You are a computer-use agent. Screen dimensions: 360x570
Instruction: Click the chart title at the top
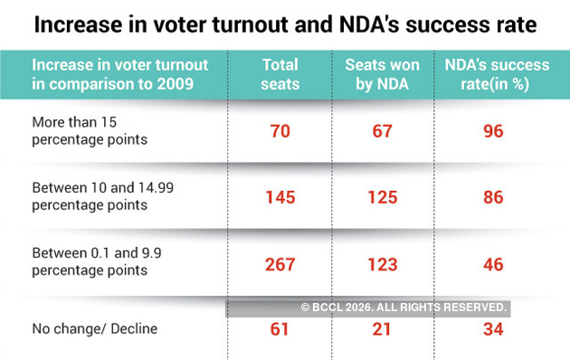click(285, 24)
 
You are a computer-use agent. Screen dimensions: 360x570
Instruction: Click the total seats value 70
click(280, 131)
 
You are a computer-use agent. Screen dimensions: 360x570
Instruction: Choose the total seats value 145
click(280, 197)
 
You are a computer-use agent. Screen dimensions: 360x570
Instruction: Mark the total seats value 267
click(280, 263)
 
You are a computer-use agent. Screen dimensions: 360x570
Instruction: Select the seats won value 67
click(382, 131)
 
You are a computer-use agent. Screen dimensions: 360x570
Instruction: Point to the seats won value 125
click(382, 197)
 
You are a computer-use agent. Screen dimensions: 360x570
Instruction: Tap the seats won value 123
click(382, 263)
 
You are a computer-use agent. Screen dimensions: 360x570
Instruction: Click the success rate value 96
click(493, 131)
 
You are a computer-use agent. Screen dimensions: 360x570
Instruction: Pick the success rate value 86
click(493, 197)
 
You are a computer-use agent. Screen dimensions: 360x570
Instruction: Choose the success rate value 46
click(493, 263)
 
